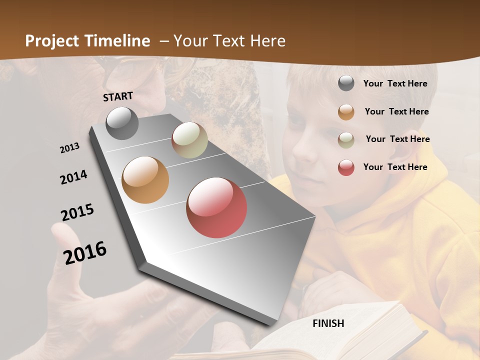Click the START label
click(x=118, y=96)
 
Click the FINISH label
click(x=328, y=323)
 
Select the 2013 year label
click(x=70, y=148)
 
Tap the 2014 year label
click(x=73, y=177)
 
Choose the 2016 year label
click(x=85, y=252)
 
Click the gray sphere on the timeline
click(x=122, y=123)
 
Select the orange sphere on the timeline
click(x=145, y=180)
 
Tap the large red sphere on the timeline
click(x=216, y=207)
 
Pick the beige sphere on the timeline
click(x=189, y=140)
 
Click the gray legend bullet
click(x=346, y=83)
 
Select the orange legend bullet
click(x=346, y=112)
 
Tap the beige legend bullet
click(x=346, y=139)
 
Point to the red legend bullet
click(x=346, y=167)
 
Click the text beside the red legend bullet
click(x=395, y=167)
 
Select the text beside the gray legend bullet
click(x=395, y=83)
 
